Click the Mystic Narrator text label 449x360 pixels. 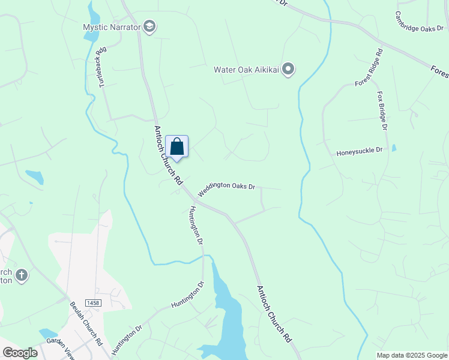(x=112, y=27)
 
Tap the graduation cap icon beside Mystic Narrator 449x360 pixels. (x=149, y=26)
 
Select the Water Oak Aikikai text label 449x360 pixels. (x=247, y=70)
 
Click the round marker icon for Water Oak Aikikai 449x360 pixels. (x=288, y=70)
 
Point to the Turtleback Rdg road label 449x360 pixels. (x=103, y=67)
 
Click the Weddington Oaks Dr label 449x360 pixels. (x=227, y=185)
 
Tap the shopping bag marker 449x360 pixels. (x=177, y=146)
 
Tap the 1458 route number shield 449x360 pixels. (x=92, y=304)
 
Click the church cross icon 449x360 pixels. (x=22, y=275)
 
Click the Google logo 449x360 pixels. (x=20, y=353)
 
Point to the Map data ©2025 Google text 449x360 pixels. (x=411, y=355)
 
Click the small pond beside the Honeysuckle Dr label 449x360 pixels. (x=394, y=148)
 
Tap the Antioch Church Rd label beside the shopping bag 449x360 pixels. (x=168, y=155)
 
